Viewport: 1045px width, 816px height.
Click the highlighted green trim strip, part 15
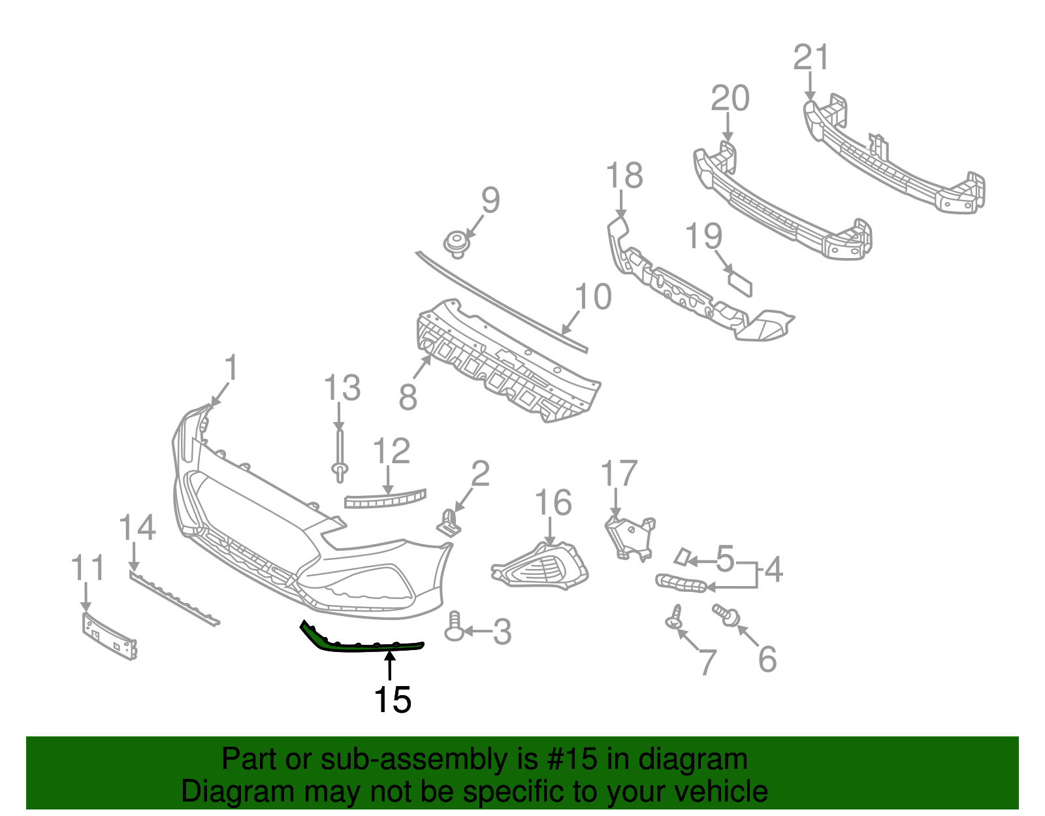tap(366, 646)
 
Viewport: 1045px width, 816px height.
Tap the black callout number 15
tap(392, 700)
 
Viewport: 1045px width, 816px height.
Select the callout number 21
tap(811, 57)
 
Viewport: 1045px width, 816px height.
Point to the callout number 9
tap(490, 200)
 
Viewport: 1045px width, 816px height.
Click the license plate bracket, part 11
tap(109, 636)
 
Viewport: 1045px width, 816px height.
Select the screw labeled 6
tap(726, 614)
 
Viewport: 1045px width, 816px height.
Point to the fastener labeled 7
tap(675, 617)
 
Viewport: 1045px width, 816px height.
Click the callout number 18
tap(624, 176)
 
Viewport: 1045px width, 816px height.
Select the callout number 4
tap(773, 570)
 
